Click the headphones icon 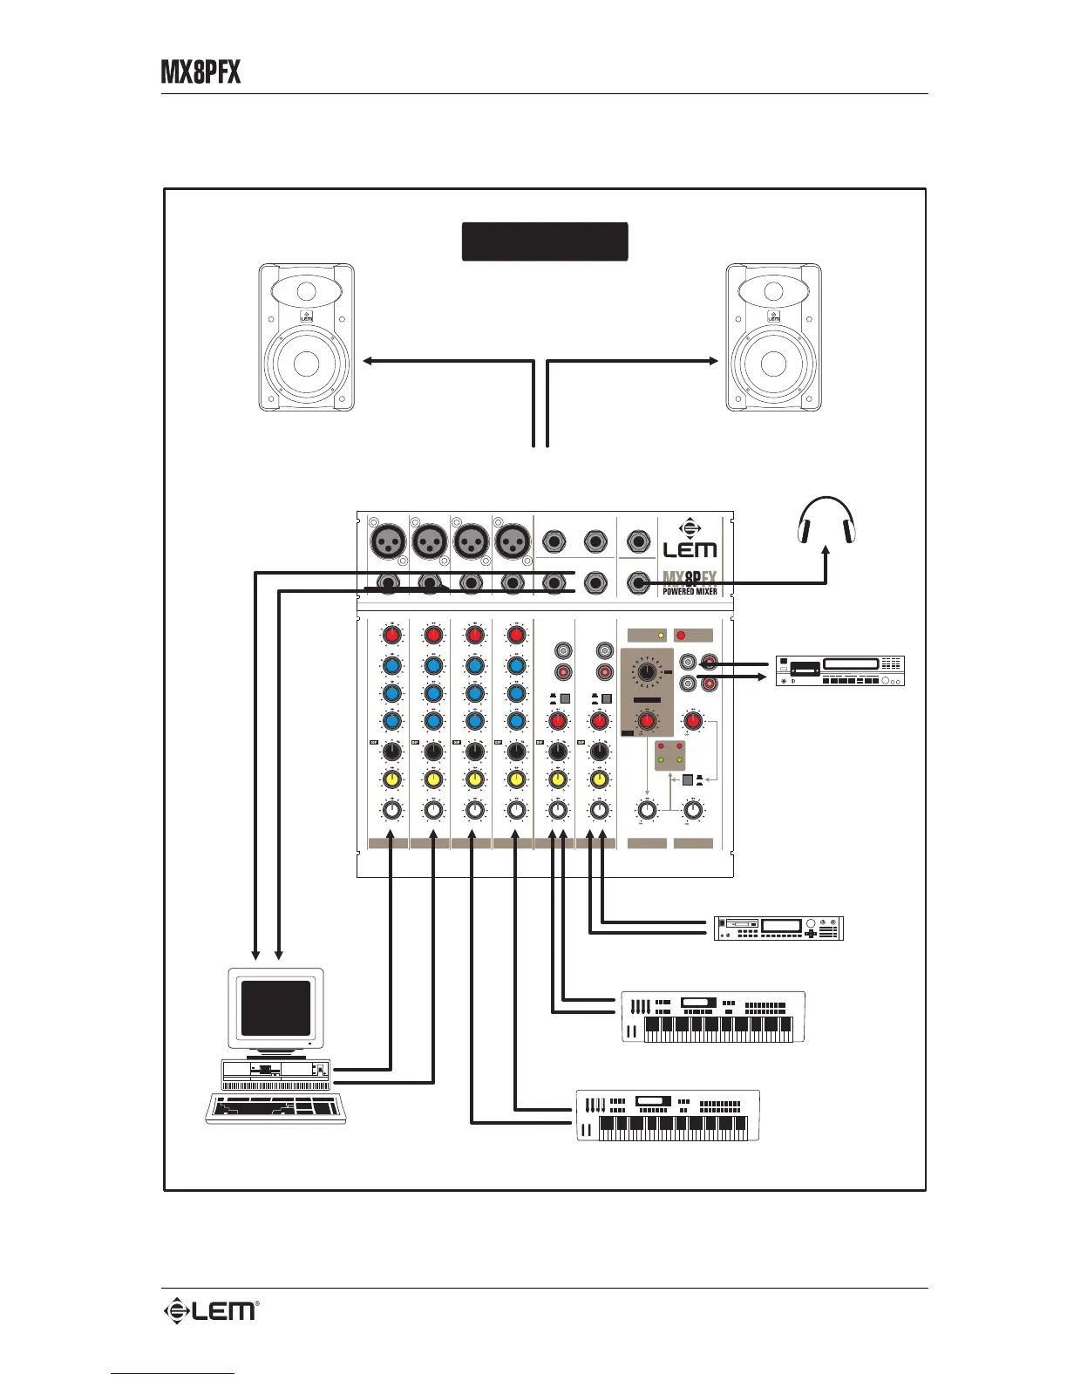pyautogui.click(x=826, y=520)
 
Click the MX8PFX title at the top pyautogui.click(x=200, y=72)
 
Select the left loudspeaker pyautogui.click(x=306, y=337)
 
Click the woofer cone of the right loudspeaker pyautogui.click(x=773, y=363)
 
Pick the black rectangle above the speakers pyautogui.click(x=544, y=242)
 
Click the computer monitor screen pyautogui.click(x=275, y=1008)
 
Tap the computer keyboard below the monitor pyautogui.click(x=275, y=1108)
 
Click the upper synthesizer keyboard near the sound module pyautogui.click(x=712, y=1017)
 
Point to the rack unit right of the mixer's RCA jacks pyautogui.click(x=839, y=670)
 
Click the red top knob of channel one pyautogui.click(x=391, y=636)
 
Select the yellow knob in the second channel pyautogui.click(x=433, y=779)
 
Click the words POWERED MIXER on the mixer pyautogui.click(x=690, y=591)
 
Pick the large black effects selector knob pyautogui.click(x=647, y=672)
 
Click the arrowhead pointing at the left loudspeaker pyautogui.click(x=368, y=360)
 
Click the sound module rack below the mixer pyautogui.click(x=778, y=929)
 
